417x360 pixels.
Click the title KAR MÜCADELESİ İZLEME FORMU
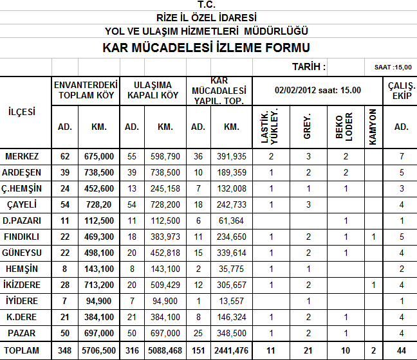207,48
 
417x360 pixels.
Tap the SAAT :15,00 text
393,67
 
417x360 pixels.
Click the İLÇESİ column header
26,112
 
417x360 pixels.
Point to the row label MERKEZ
22,156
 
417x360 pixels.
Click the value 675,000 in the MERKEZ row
98,156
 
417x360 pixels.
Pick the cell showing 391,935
230,156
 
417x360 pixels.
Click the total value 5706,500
98,351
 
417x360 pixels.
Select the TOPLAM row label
22,351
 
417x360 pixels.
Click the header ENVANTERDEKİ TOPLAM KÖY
86,90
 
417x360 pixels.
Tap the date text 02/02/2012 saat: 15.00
317,90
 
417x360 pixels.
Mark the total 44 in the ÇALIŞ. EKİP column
401,351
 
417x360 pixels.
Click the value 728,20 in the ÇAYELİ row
98,204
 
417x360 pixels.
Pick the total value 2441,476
230,351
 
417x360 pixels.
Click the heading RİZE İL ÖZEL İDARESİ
207,17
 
